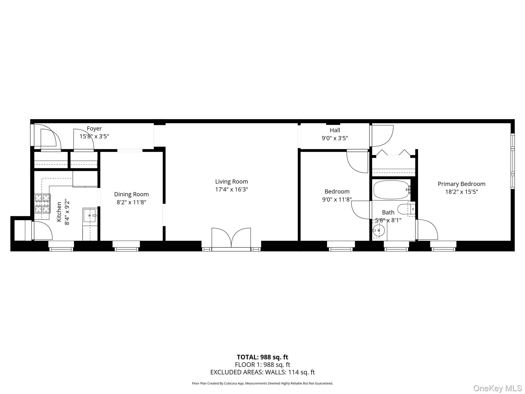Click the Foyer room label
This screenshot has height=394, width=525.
pyautogui.click(x=94, y=129)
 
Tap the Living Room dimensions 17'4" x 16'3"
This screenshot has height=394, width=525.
pyautogui.click(x=231, y=190)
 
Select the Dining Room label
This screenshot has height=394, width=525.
pyautogui.click(x=131, y=194)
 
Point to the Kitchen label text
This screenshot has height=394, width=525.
pyautogui.click(x=59, y=212)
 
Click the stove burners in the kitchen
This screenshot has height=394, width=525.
pyautogui.click(x=43, y=203)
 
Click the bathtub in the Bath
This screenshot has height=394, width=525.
pyautogui.click(x=391, y=190)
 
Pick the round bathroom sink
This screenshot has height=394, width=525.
pyautogui.click(x=379, y=231)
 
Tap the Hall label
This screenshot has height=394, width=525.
pyautogui.click(x=335, y=130)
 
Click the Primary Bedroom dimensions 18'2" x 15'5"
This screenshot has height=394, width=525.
pyautogui.click(x=461, y=192)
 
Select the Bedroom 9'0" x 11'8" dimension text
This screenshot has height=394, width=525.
pyautogui.click(x=337, y=199)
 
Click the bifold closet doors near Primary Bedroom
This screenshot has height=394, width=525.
pyautogui.click(x=393, y=153)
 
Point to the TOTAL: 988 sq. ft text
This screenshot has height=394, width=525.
pyautogui.click(x=262, y=357)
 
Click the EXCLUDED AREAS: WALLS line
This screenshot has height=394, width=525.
pyautogui.click(x=262, y=372)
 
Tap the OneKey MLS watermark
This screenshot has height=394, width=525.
pyautogui.click(x=498, y=388)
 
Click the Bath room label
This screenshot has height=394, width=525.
pyautogui.click(x=388, y=212)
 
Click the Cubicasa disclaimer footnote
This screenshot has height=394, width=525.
pyautogui.click(x=262, y=383)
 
